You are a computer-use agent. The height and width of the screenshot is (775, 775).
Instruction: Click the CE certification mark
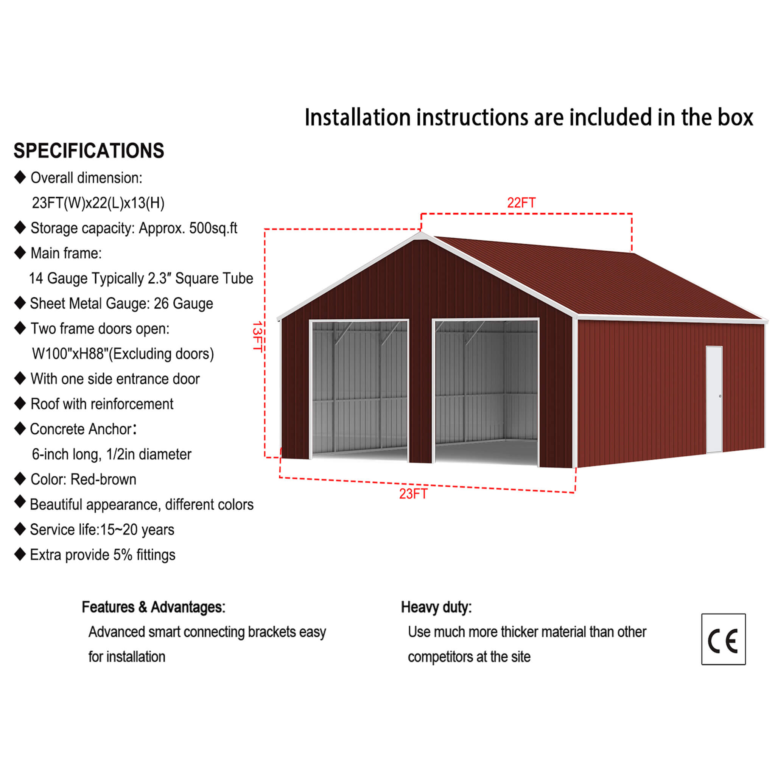(x=723, y=640)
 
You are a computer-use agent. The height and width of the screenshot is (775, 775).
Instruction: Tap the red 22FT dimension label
(x=521, y=203)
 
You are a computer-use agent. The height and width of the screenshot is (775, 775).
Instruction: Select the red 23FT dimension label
(x=413, y=494)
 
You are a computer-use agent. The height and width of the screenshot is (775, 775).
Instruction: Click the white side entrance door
(x=714, y=399)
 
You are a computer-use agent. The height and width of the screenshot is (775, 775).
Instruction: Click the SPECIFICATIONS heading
(x=89, y=151)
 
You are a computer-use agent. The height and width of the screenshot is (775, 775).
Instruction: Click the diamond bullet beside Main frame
(x=20, y=253)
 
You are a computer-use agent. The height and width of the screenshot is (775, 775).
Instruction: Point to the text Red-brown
(x=103, y=479)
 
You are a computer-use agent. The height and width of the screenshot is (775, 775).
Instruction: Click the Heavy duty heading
(x=436, y=607)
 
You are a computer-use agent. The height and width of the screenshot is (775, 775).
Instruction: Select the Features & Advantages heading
(x=154, y=607)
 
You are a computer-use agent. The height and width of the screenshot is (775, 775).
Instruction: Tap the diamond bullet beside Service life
(x=20, y=529)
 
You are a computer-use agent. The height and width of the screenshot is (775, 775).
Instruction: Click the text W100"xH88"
(x=70, y=354)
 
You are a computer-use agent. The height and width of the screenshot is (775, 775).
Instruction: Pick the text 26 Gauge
(x=183, y=303)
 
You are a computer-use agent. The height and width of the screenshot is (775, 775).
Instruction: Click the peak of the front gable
(x=420, y=233)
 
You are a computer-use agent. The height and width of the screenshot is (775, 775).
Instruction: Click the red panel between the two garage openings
(x=420, y=391)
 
